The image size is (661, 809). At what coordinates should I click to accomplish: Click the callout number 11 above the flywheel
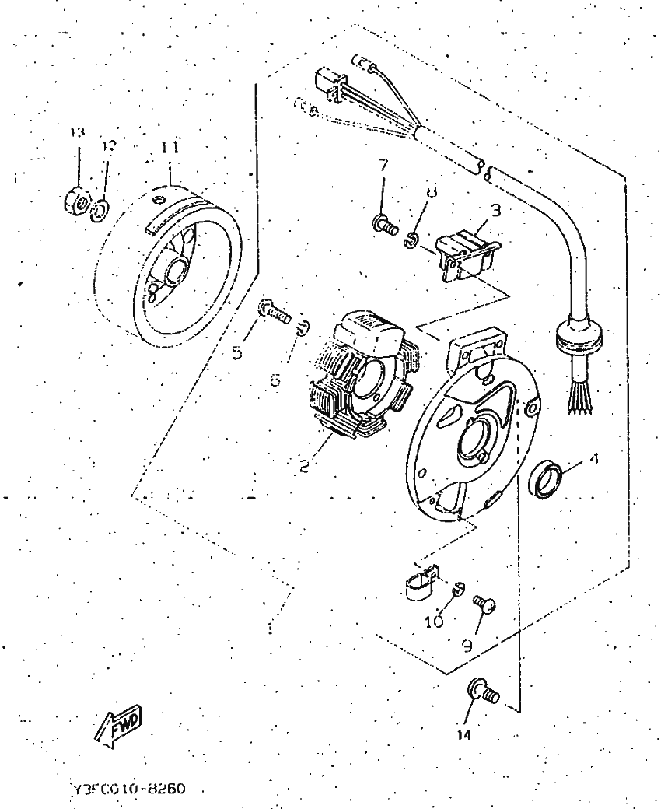click(x=170, y=146)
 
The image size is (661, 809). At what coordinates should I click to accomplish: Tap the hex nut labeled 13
click(x=76, y=203)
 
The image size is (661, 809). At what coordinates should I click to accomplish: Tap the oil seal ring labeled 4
click(x=544, y=477)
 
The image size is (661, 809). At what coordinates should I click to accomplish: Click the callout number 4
click(x=593, y=459)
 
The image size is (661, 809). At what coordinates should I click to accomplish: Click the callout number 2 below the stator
click(x=305, y=466)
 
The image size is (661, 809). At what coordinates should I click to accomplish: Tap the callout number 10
click(x=434, y=621)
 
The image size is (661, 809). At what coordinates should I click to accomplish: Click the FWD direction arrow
click(x=118, y=729)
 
